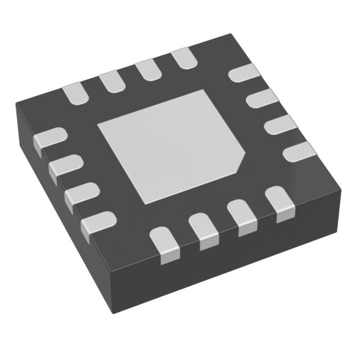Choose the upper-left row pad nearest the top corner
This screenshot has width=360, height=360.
pos(183,58)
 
